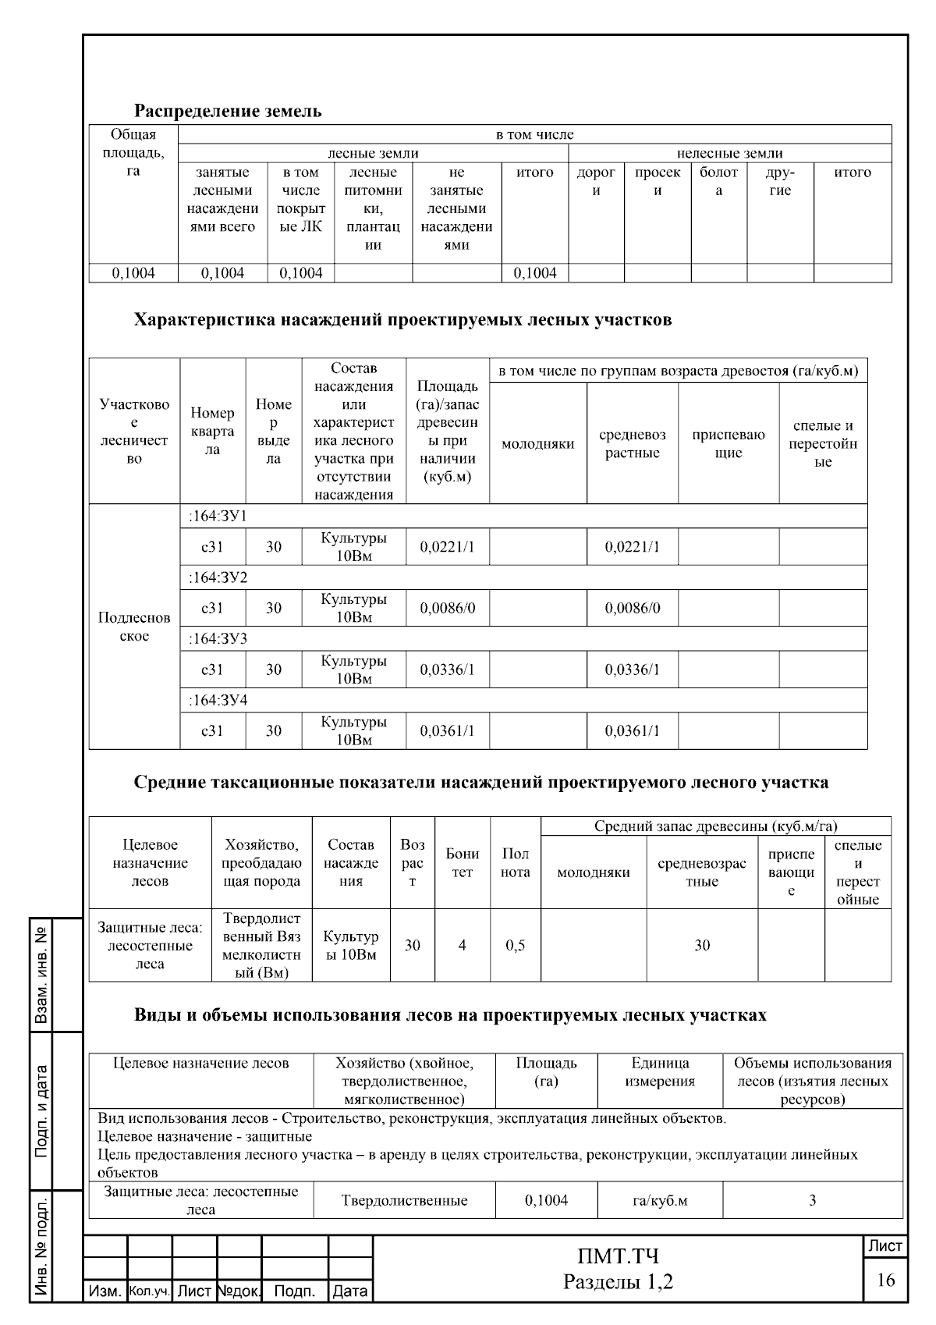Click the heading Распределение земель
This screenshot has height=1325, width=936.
(228, 111)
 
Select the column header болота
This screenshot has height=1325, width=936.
(718, 181)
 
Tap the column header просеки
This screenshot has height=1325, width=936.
(658, 181)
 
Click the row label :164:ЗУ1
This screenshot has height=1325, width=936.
(218, 516)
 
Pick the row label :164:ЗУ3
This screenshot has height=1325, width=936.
(218, 638)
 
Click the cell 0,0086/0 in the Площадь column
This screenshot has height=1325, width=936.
(447, 608)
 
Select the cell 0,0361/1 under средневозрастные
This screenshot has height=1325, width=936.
(632, 730)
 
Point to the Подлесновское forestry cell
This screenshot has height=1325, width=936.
(134, 627)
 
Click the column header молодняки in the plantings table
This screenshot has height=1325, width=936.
(537, 443)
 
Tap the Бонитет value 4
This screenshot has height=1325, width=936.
(462, 945)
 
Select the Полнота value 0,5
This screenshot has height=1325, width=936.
(515, 945)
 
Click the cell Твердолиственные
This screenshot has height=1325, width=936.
(404, 1200)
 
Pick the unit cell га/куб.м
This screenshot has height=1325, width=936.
(660, 1200)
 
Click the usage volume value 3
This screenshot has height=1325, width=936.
(812, 1200)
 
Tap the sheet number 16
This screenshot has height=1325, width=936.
(885, 1281)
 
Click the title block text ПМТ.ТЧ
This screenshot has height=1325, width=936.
(618, 1256)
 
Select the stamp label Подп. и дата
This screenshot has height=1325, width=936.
(42, 1111)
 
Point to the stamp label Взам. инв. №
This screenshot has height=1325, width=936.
(42, 975)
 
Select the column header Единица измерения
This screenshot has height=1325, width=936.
(660, 1072)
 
